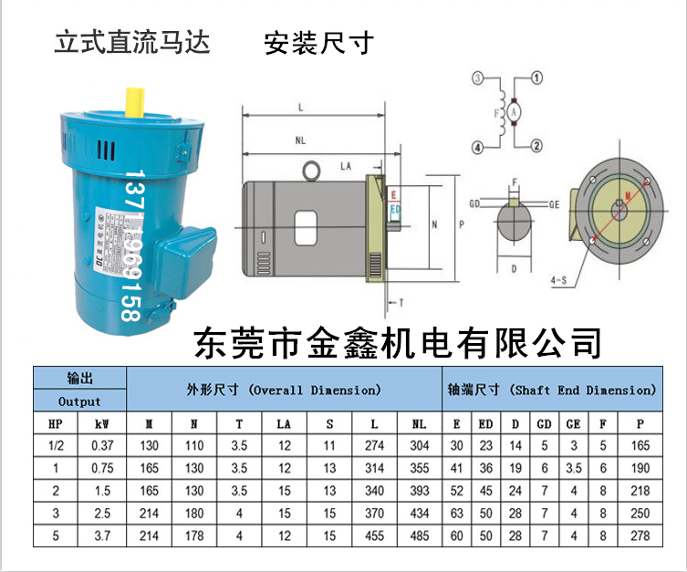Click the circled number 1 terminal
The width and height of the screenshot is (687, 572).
[x=537, y=78]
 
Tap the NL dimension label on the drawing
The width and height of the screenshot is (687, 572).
[x=300, y=142]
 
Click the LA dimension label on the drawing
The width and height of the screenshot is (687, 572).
[x=346, y=166]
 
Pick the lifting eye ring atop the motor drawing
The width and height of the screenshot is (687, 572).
[x=312, y=169]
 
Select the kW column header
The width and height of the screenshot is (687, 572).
[x=102, y=424]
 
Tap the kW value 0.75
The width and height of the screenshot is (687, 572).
[x=102, y=468]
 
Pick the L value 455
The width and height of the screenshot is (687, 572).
[x=374, y=535]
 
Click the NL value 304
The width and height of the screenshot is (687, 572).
[x=419, y=445]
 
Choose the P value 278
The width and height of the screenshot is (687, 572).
[x=640, y=535]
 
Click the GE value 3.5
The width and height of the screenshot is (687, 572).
[x=572, y=468]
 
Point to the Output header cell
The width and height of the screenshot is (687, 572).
[x=79, y=400]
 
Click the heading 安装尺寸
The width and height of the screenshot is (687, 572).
[x=318, y=43]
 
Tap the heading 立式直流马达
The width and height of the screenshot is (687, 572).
[x=133, y=42]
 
